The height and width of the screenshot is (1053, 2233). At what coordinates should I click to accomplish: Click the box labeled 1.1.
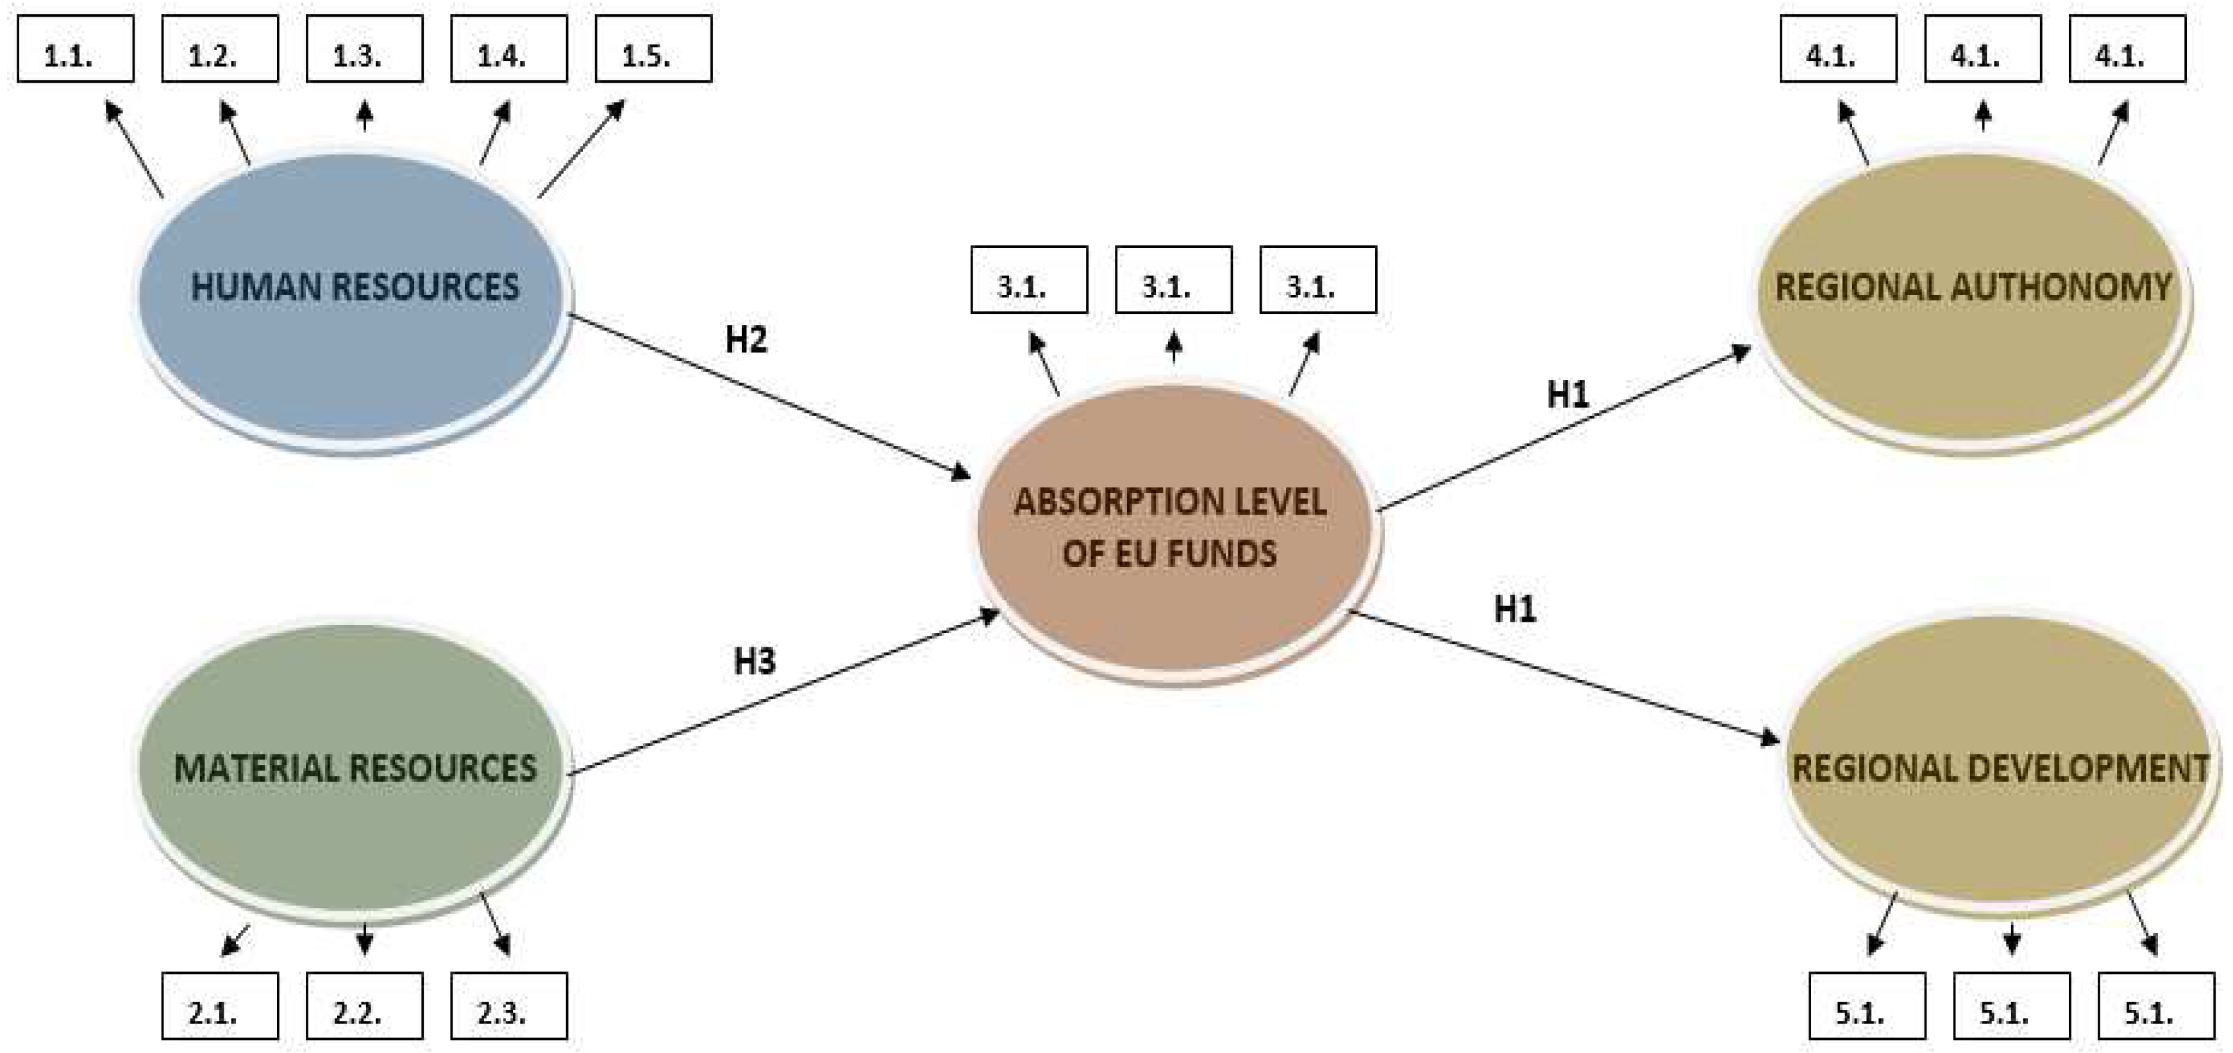(x=76, y=49)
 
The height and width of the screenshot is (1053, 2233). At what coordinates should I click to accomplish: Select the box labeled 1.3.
(x=364, y=49)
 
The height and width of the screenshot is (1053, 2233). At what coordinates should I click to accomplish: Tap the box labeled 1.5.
(x=653, y=49)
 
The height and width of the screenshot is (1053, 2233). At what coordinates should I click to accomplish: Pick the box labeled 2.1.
(x=220, y=1006)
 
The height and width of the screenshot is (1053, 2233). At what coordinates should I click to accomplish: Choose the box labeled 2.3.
(x=509, y=1006)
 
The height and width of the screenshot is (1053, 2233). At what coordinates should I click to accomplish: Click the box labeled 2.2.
(x=364, y=1006)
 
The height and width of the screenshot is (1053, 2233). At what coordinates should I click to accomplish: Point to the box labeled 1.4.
(x=509, y=49)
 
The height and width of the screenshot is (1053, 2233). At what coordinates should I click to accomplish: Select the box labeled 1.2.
(x=220, y=49)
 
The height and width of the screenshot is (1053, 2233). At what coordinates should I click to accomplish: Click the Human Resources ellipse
(x=352, y=347)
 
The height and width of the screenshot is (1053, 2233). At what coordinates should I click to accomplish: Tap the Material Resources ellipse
(x=352, y=824)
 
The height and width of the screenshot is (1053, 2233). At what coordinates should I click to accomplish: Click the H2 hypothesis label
(x=746, y=340)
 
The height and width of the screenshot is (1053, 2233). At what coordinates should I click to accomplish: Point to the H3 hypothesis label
(x=754, y=661)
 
